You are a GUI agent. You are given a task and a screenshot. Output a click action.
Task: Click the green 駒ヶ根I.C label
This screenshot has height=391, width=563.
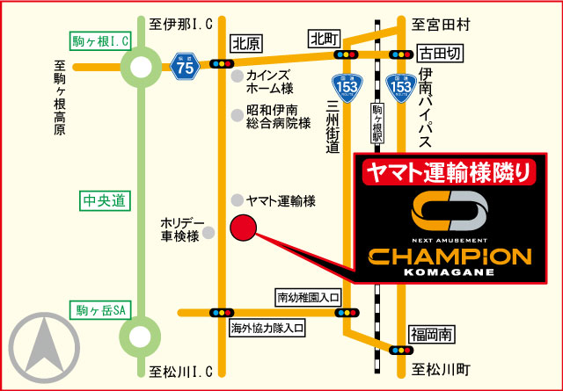[x=101, y=40]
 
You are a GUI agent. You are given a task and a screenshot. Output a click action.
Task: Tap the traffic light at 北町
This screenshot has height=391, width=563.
[x=343, y=55]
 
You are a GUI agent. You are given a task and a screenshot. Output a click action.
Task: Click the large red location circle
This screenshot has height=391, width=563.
[x=242, y=228]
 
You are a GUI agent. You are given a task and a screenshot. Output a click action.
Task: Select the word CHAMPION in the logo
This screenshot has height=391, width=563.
[x=449, y=257]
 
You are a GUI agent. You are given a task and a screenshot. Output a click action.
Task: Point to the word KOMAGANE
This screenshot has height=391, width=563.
[x=449, y=273]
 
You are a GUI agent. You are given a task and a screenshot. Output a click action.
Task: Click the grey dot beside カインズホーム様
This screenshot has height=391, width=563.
[x=236, y=77]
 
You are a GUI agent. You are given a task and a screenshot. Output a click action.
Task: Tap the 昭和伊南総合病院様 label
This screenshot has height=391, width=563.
[x=278, y=117]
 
